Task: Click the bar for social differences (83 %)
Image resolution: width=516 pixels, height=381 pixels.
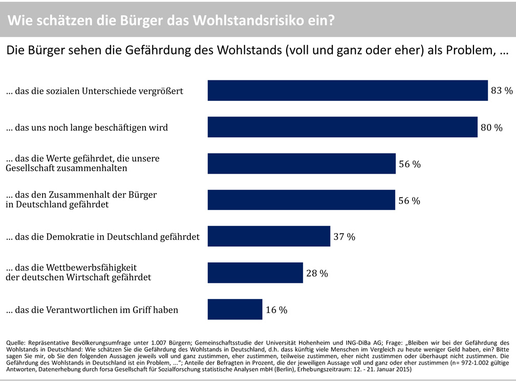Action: point(347,91)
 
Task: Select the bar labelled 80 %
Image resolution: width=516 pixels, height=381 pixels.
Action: point(342,127)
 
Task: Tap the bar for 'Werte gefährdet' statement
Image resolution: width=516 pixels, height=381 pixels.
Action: point(301,164)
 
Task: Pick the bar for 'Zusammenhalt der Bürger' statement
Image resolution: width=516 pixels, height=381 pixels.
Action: point(301,200)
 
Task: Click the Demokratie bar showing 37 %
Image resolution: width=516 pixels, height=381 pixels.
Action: point(269,237)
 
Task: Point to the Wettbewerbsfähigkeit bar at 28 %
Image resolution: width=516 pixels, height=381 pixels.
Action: point(255,273)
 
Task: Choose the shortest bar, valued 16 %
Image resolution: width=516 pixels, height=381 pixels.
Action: point(234,310)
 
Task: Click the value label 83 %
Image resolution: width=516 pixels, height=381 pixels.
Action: point(502,91)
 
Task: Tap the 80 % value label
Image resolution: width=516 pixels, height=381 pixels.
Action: point(491,128)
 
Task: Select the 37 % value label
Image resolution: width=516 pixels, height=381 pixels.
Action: point(344,237)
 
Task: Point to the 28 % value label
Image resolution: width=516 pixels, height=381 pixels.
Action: point(317,273)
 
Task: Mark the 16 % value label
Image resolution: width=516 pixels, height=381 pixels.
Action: point(276,310)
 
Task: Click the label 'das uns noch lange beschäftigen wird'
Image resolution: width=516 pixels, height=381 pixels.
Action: point(87,128)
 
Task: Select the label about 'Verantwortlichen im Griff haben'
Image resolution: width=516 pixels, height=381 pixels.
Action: point(92,310)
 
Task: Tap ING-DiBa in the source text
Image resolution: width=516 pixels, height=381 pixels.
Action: point(363,342)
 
